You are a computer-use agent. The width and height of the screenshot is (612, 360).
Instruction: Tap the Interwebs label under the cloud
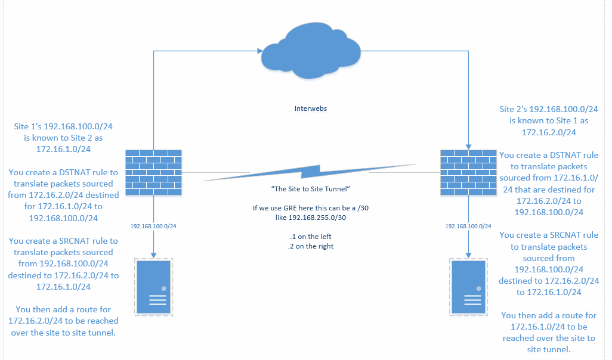[x=311, y=109]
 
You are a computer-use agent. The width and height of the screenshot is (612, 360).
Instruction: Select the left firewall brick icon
[x=153, y=173]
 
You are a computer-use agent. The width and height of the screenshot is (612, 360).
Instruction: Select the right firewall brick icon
[x=468, y=173]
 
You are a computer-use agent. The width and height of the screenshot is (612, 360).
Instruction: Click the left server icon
[x=153, y=287]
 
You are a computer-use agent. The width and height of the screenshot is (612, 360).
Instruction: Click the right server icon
[x=468, y=287]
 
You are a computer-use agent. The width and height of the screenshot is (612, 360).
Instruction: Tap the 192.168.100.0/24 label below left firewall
[x=153, y=226]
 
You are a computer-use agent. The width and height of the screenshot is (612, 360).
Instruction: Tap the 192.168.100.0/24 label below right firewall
[x=468, y=226]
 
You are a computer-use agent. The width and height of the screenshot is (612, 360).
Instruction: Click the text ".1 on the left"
[x=310, y=236]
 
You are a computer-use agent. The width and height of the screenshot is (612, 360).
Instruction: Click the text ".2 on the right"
[x=310, y=246]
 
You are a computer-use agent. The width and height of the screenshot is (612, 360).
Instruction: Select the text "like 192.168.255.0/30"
[x=310, y=219]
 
